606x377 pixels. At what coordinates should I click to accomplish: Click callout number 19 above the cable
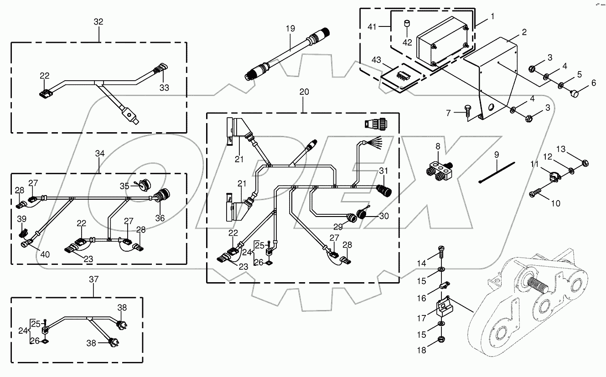pos(290,28)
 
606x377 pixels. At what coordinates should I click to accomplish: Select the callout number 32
pos(98,21)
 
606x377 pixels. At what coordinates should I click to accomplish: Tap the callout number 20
pos(304,92)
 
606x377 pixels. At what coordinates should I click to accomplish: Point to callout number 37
pos(94,279)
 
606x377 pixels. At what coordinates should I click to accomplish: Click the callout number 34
pos(99,154)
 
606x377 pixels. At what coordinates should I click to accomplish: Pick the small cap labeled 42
pos(407,23)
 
